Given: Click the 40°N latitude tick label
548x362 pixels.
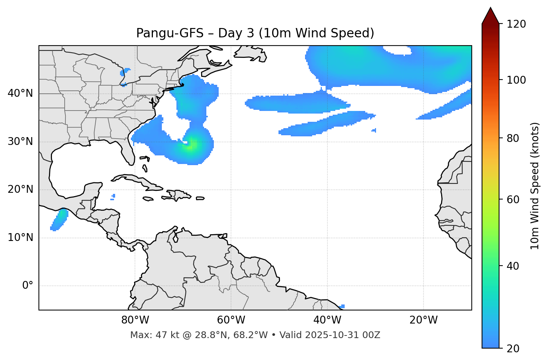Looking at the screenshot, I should pos(20,93).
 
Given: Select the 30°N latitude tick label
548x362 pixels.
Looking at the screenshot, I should pos(20,142).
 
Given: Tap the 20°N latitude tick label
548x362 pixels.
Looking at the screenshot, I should pos(20,190).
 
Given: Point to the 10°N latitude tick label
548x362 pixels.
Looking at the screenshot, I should pos(20,238).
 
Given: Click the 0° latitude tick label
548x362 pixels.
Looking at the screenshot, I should pos(27,286).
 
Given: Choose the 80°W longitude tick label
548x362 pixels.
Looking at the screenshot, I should pos(135,320).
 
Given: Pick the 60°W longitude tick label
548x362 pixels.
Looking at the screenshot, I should pos(231,320).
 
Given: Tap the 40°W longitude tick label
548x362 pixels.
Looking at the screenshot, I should pos(327,320).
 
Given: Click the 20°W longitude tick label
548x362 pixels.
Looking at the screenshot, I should pos(424,320).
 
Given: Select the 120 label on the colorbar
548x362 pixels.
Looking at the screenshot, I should pos(516,24).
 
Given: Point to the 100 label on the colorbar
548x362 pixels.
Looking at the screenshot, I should pos(516,80).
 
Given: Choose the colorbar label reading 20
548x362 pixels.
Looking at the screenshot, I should pos(513,349).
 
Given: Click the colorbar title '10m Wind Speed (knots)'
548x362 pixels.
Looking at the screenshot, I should pos(535,186).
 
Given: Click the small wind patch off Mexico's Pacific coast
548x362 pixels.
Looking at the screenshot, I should pos(59,220).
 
